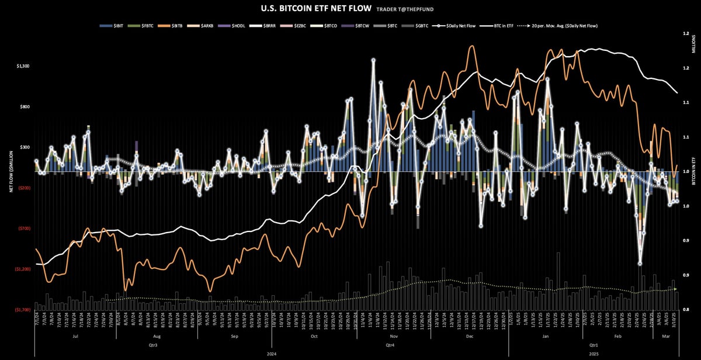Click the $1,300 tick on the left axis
pyautogui.click(x=23, y=66)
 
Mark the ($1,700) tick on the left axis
pyautogui.click(x=23, y=310)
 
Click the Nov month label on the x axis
pyautogui.click(x=393, y=337)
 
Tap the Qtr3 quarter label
pyautogui.click(x=155, y=345)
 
